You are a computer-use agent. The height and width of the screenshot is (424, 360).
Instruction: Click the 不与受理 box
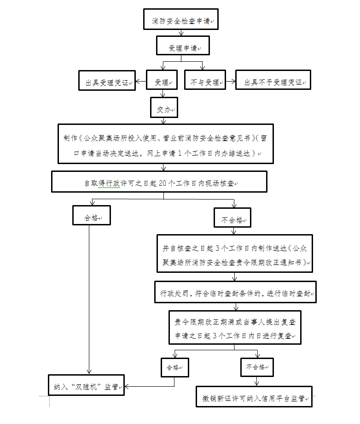pyautogui.click(x=204, y=82)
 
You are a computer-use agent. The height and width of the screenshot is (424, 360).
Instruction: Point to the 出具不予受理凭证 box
pyautogui.click(x=273, y=82)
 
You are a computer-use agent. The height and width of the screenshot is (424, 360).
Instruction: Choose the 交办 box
pyautogui.click(x=163, y=110)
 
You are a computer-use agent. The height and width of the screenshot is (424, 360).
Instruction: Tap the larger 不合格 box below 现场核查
pyautogui.click(x=232, y=220)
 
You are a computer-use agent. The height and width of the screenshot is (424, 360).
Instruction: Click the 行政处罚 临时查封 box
pyautogui.click(x=235, y=293)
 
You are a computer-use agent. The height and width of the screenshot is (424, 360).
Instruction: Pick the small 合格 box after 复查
pyautogui.click(x=174, y=367)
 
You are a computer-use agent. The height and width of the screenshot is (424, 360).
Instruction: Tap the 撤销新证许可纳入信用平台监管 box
pyautogui.click(x=254, y=398)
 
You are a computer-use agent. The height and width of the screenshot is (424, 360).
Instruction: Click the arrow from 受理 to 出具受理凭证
pyautogui.click(x=141, y=82)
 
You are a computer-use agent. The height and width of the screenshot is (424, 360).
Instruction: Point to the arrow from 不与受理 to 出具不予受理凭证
pyautogui.click(x=230, y=82)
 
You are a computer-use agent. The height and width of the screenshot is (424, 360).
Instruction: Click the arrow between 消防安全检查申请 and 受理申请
pyautogui.click(x=181, y=33)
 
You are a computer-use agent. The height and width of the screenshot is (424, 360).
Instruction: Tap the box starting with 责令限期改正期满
pyautogui.click(x=235, y=329)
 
